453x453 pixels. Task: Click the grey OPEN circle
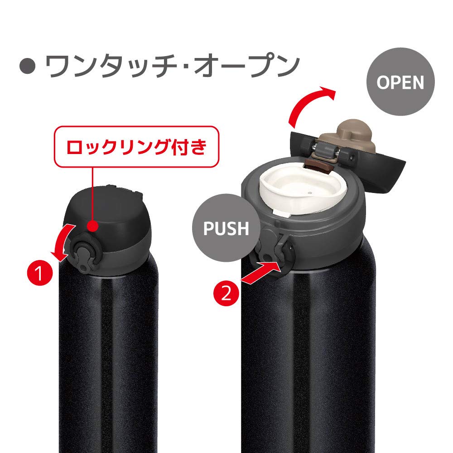tap(400, 83)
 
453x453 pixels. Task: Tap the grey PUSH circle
tap(226, 228)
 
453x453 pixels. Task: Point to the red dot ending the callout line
tap(92, 226)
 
